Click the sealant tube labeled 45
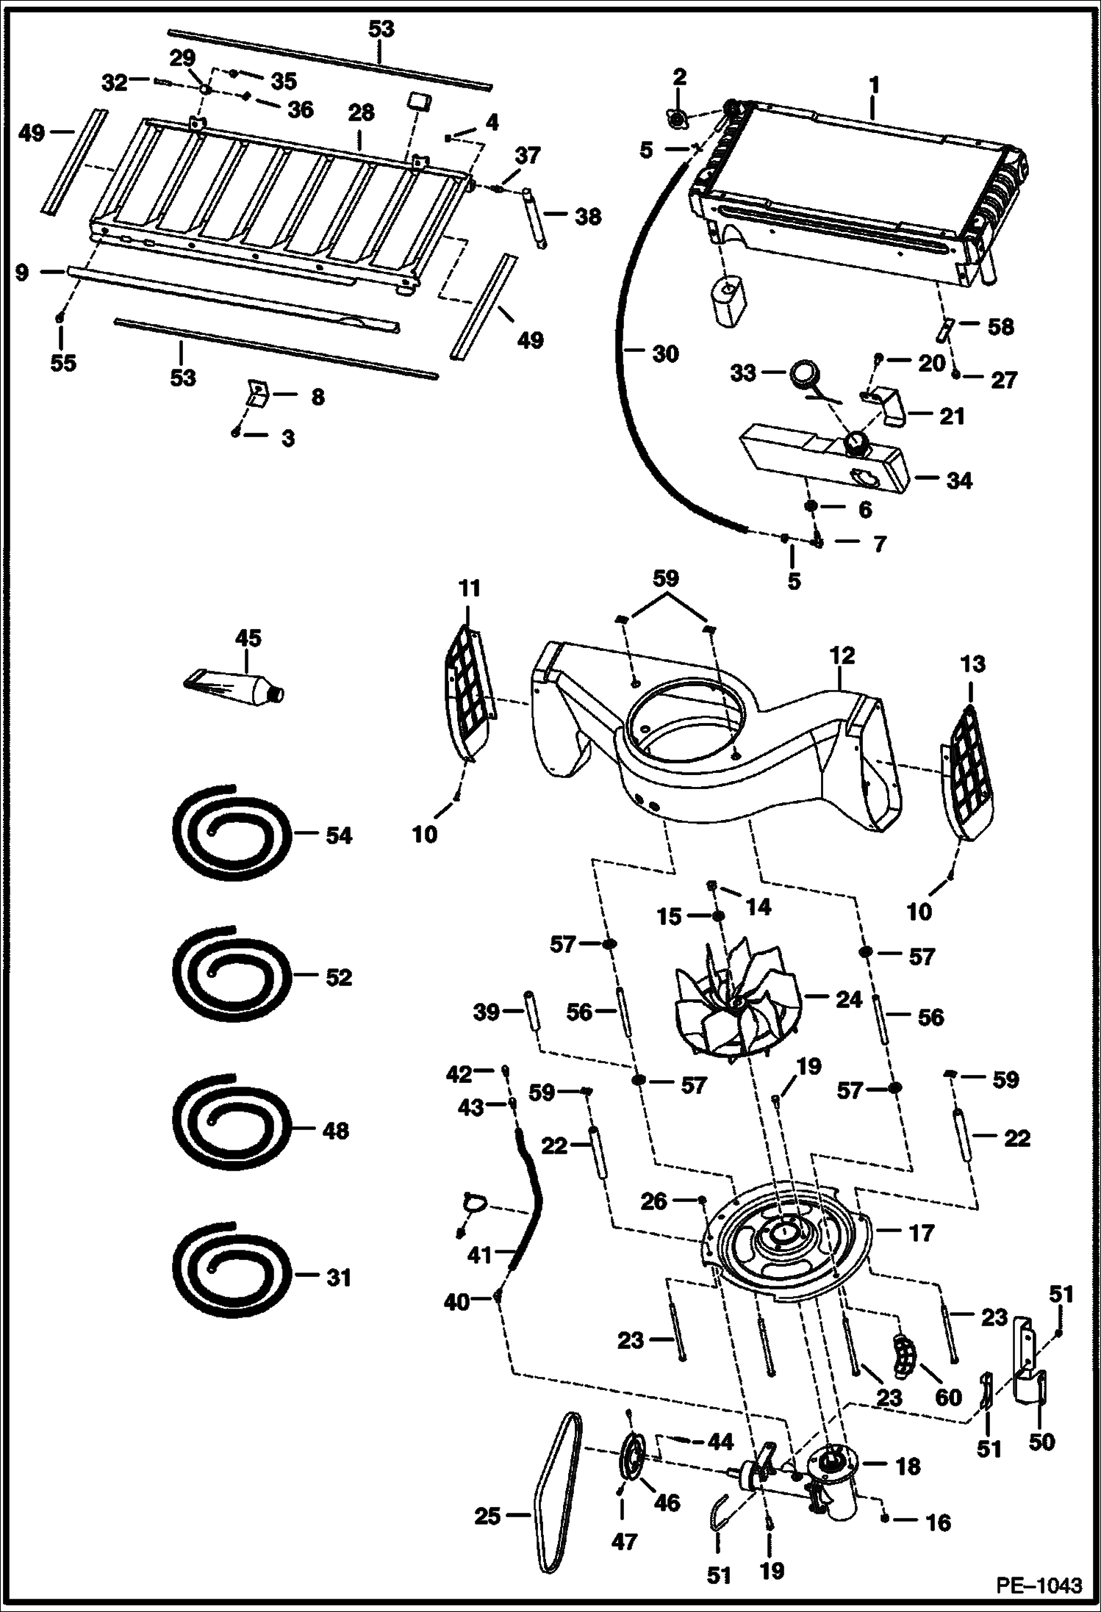[x=234, y=686]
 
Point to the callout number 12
[x=842, y=655]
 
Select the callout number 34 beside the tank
[x=959, y=481]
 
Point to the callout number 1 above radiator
[x=873, y=84]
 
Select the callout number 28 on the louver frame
[x=362, y=112]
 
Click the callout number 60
[x=948, y=1396]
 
